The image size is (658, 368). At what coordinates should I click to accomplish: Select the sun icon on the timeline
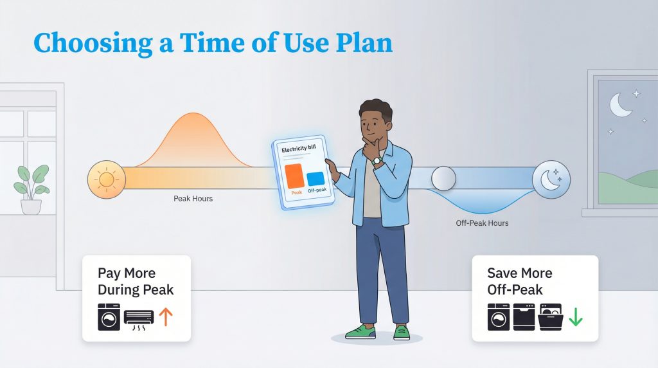[105, 178]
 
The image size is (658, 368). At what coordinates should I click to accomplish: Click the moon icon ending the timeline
[551, 178]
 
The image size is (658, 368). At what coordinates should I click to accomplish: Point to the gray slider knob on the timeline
[443, 178]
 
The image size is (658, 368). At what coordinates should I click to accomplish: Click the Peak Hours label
[193, 199]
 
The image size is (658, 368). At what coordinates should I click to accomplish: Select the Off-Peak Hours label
[477, 223]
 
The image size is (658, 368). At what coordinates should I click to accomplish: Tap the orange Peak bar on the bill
[293, 175]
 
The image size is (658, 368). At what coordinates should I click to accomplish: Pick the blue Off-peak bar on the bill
[315, 179]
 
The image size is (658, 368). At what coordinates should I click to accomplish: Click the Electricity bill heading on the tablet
[299, 149]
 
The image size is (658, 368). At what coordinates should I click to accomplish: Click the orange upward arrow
[166, 317]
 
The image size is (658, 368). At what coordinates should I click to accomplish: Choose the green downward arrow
[574, 317]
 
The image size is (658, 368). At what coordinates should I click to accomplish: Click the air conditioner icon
[138, 317]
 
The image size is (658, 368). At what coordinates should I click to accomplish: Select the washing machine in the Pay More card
[109, 317]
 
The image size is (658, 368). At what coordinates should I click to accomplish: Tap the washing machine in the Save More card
[499, 317]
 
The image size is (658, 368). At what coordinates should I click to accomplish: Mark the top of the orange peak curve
[192, 115]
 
